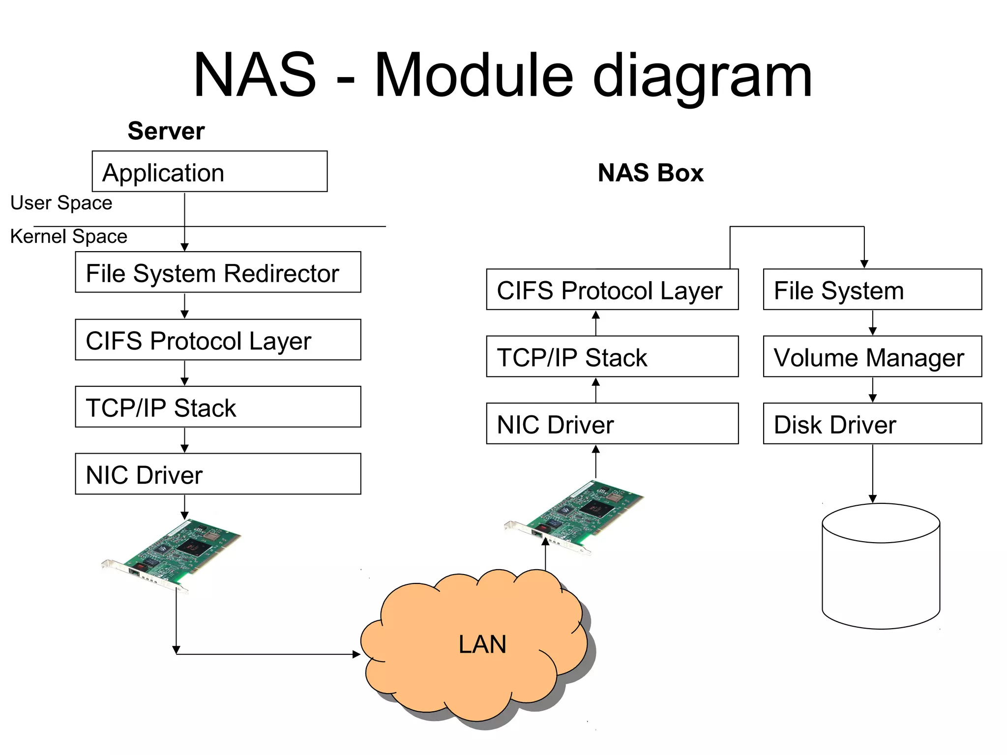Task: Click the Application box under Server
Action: [209, 172]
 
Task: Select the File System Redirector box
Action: [218, 272]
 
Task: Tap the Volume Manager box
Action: [872, 356]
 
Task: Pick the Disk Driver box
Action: [872, 424]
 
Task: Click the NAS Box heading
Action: [650, 173]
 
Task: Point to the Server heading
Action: [166, 131]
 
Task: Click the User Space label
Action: [61, 203]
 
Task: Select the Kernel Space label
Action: [69, 236]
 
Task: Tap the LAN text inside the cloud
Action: [482, 644]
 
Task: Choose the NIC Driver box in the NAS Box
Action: [612, 424]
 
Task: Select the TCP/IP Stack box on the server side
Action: [218, 407]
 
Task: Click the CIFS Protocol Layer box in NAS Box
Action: [612, 290]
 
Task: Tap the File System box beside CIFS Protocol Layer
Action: [872, 290]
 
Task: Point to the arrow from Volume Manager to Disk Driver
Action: [873, 390]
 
